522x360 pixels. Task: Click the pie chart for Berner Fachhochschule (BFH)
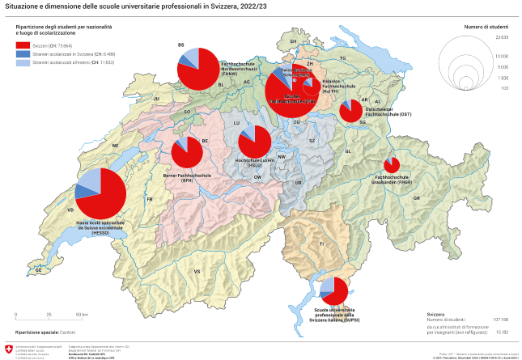click(x=187, y=152)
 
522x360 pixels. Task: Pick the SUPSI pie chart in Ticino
click(x=333, y=291)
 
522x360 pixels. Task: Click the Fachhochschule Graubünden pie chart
click(x=392, y=165)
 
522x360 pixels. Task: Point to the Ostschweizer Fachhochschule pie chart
click(x=350, y=111)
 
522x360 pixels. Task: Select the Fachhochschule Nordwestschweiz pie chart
click(x=197, y=69)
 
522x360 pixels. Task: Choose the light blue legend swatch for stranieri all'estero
click(x=22, y=62)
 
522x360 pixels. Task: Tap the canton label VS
click(x=197, y=271)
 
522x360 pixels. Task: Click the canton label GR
click(x=417, y=197)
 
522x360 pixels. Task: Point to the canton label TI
click(x=321, y=244)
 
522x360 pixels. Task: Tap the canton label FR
click(x=150, y=198)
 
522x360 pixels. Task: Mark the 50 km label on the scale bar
click(x=82, y=314)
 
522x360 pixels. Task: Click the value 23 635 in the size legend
click(x=502, y=38)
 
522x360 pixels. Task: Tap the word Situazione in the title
click(x=22, y=6)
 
